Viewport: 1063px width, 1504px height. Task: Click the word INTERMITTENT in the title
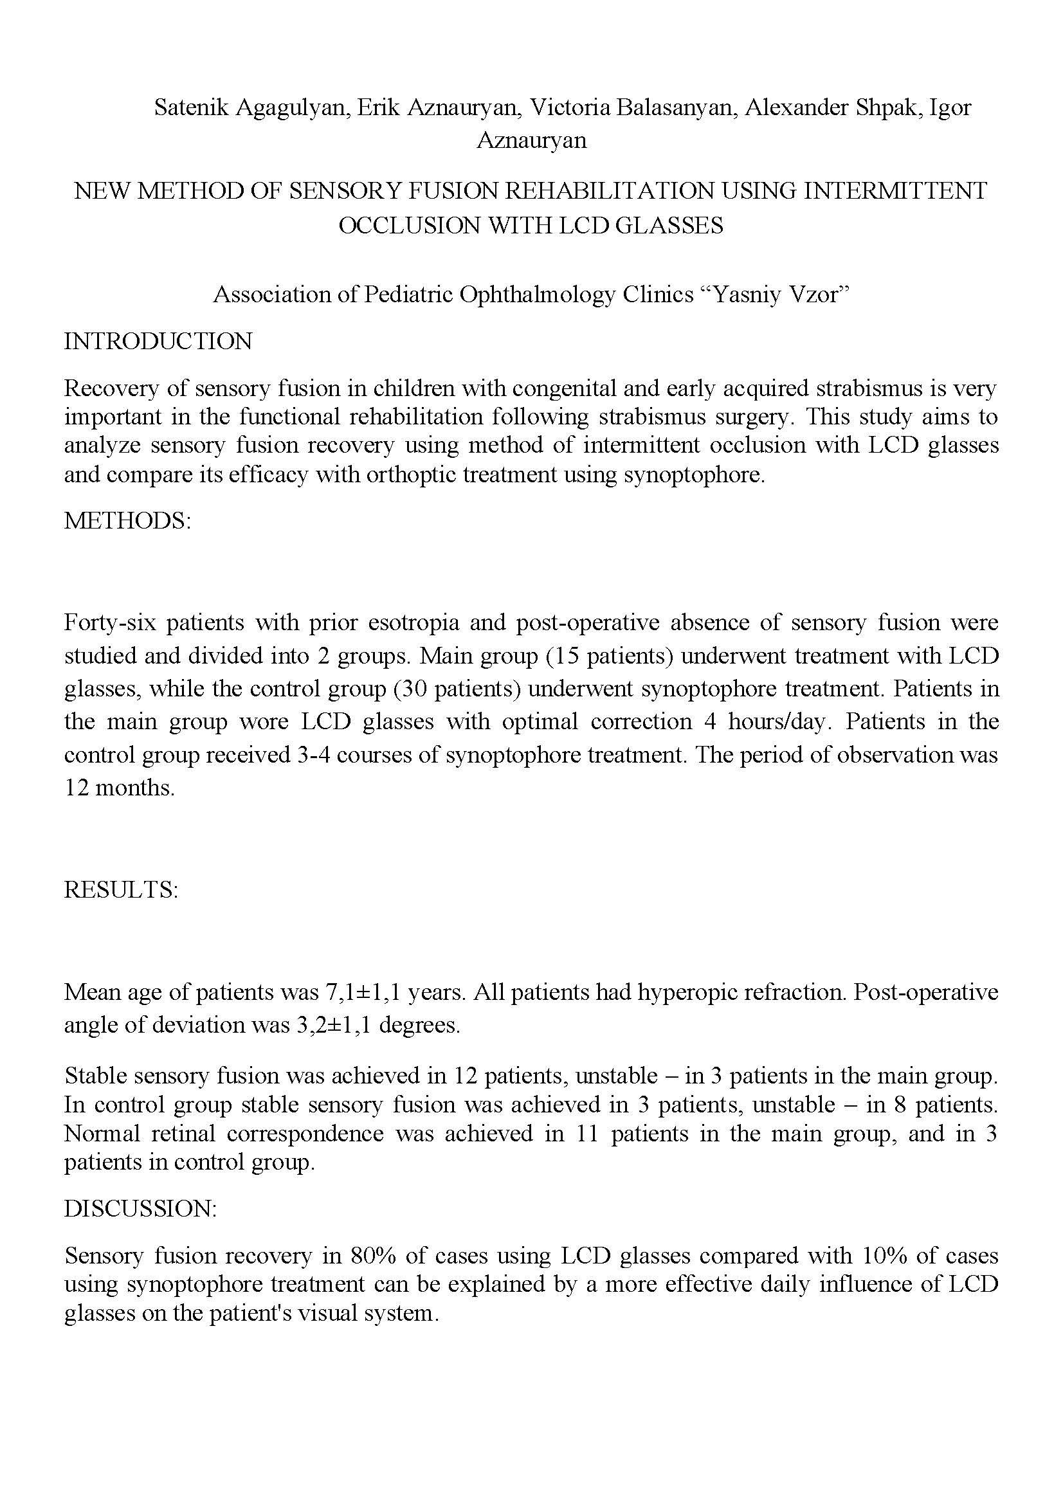tap(895, 190)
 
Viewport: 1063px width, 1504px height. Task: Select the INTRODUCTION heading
tap(158, 341)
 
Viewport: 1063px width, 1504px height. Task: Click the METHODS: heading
tap(127, 521)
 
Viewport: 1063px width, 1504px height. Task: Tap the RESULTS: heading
tap(121, 889)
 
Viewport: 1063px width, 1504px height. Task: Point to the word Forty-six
tap(110, 622)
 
